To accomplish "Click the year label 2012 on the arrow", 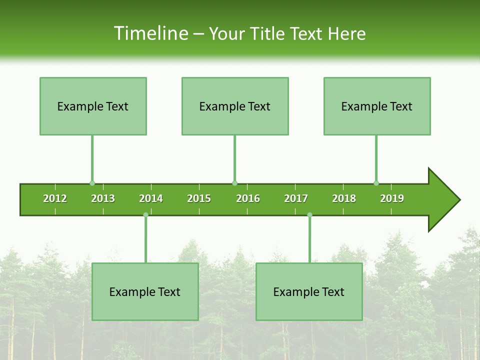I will [x=55, y=198].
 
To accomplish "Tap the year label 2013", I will [x=103, y=198].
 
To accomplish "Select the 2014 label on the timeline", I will [x=151, y=198].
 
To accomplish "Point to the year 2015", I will [x=199, y=198].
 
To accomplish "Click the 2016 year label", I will [x=248, y=198].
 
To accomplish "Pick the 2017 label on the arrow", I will [x=296, y=198].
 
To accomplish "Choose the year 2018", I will [x=344, y=198].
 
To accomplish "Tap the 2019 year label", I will [x=392, y=198].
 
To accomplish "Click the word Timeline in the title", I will [x=150, y=33].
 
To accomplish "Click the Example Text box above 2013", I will [x=93, y=106].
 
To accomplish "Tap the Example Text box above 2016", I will [x=235, y=106].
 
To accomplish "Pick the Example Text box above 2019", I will [x=377, y=106].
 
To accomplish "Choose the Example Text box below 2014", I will [x=145, y=291].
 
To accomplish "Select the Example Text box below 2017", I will [x=309, y=291].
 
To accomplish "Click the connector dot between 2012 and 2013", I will [x=92, y=183].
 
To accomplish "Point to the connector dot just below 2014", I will [x=145, y=215].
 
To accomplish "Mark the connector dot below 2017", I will [x=309, y=215].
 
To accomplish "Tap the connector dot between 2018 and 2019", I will [x=376, y=183].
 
